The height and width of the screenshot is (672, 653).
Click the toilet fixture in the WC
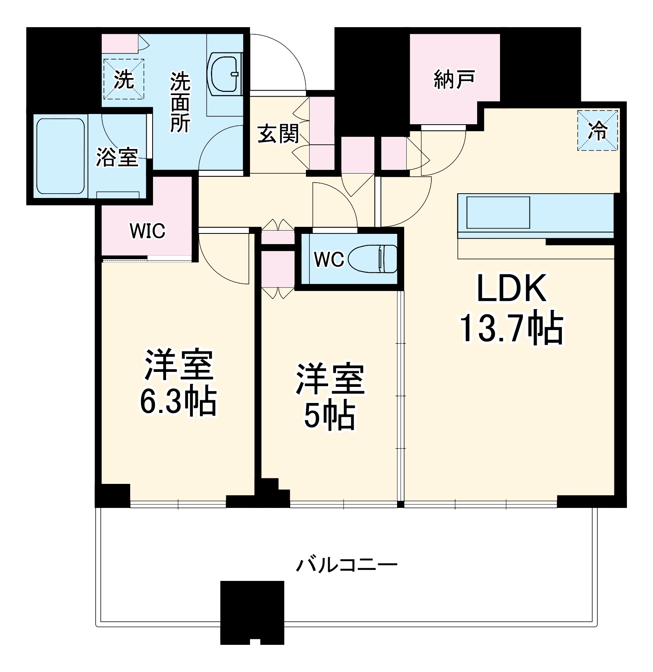click(373, 259)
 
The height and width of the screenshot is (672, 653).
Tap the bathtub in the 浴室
click(61, 157)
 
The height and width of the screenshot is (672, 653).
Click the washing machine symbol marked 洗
click(123, 79)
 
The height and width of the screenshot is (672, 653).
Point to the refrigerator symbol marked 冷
click(597, 130)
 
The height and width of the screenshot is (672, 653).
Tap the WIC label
click(147, 231)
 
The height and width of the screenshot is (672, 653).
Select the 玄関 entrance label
click(278, 134)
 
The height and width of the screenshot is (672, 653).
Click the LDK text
click(512, 288)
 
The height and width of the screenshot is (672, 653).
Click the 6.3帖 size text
click(178, 401)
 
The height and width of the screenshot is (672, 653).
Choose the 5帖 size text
click(329, 416)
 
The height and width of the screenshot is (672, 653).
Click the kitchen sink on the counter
click(498, 213)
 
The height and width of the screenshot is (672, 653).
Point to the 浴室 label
click(117, 157)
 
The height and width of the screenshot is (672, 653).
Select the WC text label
click(329, 259)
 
